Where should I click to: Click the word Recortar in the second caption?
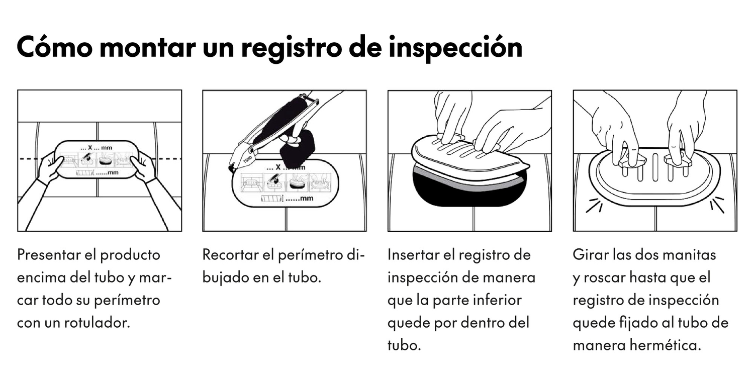[231, 255]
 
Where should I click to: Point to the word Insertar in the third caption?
[412, 255]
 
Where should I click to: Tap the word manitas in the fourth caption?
[693, 255]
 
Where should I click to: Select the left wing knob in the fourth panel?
[631, 160]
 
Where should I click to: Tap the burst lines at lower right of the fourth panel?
[717, 204]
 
